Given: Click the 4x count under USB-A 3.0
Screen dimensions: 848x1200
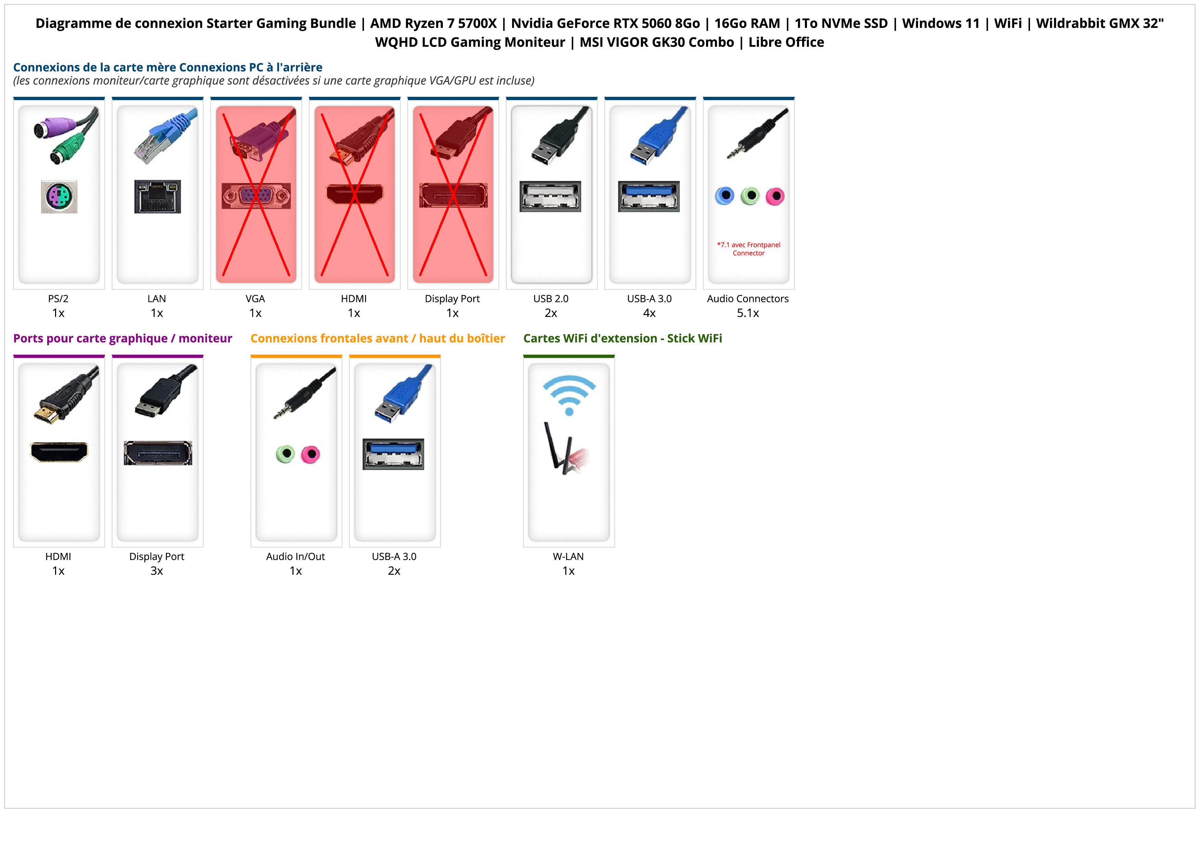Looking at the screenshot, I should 649,313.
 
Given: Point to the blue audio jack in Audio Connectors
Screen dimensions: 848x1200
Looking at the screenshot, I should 725,196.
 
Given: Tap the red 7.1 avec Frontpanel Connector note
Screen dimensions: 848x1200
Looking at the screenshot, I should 748,249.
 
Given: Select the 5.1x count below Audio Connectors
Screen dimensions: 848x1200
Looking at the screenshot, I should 747,313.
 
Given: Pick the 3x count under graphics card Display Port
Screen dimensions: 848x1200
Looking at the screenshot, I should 157,571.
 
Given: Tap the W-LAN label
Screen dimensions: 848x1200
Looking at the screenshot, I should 568,557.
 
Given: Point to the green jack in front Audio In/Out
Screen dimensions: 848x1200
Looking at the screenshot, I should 285,454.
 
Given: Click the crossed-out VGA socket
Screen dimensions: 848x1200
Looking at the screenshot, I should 256,196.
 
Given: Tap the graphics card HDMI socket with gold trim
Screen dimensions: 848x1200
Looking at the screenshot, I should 59,452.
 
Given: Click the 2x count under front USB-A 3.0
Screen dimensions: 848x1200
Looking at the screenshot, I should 394,571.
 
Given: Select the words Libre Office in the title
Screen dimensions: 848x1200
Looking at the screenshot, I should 786,42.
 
